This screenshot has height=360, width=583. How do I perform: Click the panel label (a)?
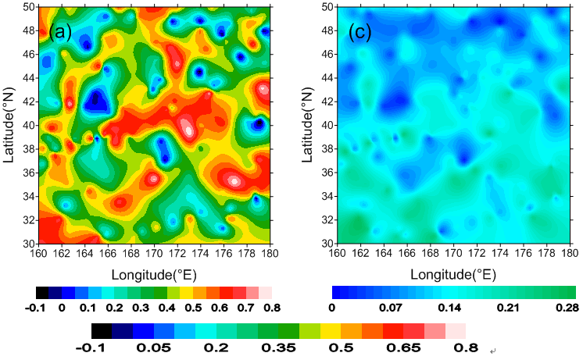(62, 32)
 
